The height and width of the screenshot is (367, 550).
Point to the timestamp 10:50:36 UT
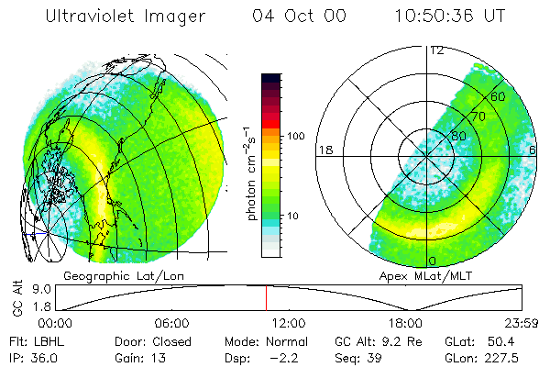click(451, 17)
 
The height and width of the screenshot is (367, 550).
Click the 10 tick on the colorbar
click(295, 217)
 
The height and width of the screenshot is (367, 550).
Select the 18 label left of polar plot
click(324, 150)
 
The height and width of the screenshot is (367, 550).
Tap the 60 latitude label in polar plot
click(498, 96)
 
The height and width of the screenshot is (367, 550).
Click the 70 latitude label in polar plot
click(478, 117)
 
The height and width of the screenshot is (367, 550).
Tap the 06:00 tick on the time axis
click(171, 323)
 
